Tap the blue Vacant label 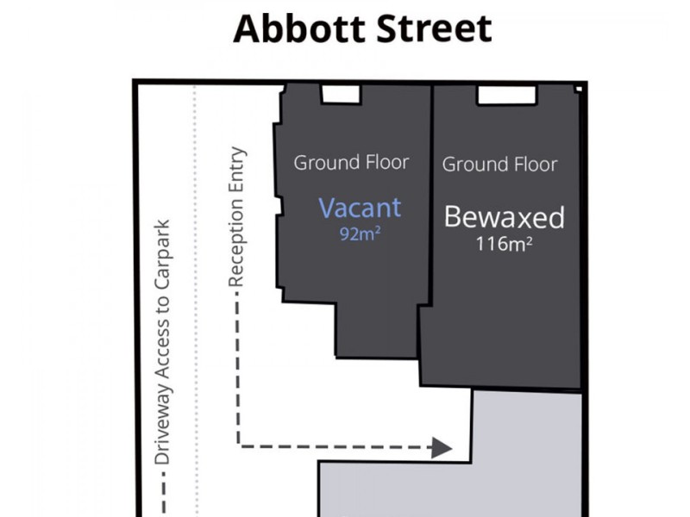click(360, 208)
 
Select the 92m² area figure click(360, 234)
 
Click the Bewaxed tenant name click(504, 217)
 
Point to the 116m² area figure click(504, 244)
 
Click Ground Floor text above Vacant click(351, 162)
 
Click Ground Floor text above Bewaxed click(499, 164)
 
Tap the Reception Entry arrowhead click(442, 447)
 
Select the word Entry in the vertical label click(238, 171)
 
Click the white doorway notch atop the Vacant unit click(341, 94)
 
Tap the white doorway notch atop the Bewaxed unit click(506, 95)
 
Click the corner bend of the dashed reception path click(239, 446)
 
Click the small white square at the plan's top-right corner click(580, 88)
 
